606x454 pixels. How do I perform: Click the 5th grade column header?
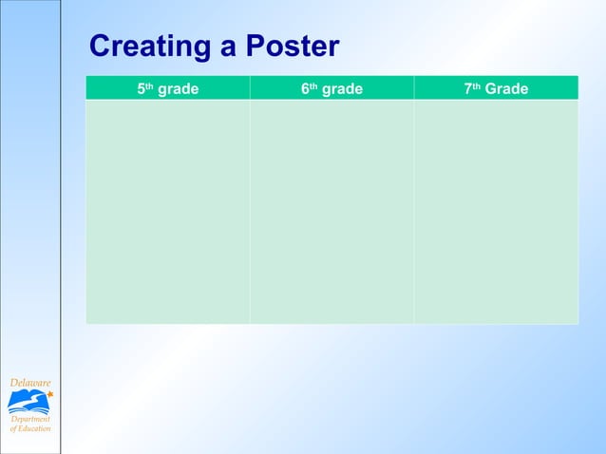pyautogui.click(x=167, y=88)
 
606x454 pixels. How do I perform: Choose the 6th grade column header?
pyautogui.click(x=331, y=88)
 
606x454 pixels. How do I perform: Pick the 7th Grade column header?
pyautogui.click(x=496, y=88)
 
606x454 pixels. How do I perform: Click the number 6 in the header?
pyautogui.click(x=305, y=89)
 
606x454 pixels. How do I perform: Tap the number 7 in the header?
pyautogui.click(x=467, y=89)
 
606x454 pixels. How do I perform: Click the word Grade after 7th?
pyautogui.click(x=506, y=89)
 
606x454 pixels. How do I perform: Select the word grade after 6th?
pyautogui.click(x=342, y=89)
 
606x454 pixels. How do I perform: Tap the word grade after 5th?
pyautogui.click(x=178, y=89)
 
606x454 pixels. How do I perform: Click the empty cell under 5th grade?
pyautogui.click(x=167, y=211)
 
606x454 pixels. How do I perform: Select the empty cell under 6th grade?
pyautogui.click(x=331, y=211)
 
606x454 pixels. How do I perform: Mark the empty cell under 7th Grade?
pyautogui.click(x=496, y=211)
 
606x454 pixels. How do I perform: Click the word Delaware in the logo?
pyautogui.click(x=29, y=382)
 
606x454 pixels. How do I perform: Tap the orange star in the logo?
pyautogui.click(x=49, y=393)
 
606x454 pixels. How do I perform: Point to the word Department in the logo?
pyautogui.click(x=30, y=419)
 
